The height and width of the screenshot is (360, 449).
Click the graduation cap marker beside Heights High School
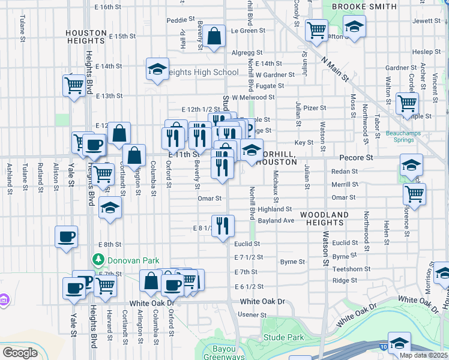(x=157, y=70)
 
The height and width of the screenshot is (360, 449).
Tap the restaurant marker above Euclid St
(x=223, y=226)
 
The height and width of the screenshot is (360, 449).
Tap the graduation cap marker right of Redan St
(x=411, y=165)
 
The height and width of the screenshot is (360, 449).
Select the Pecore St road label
(x=356, y=157)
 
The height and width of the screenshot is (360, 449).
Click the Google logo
(x=19, y=353)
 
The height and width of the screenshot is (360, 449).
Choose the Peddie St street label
(x=177, y=20)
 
